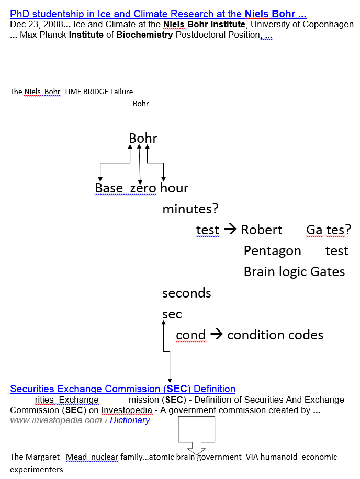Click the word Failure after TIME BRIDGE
pos(121,92)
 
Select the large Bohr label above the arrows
pos(143,139)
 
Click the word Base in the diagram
pos(109,188)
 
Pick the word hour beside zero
pos(174,188)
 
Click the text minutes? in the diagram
pos(190,209)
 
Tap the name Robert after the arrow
pos(262,230)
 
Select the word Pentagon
pos(272,251)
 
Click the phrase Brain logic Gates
pos(294,272)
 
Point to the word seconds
pos(187,293)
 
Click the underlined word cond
pos(190,335)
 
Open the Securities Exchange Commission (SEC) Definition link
pos(122,389)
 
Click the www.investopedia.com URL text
pos(55,420)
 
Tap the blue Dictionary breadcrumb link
pos(130,420)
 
